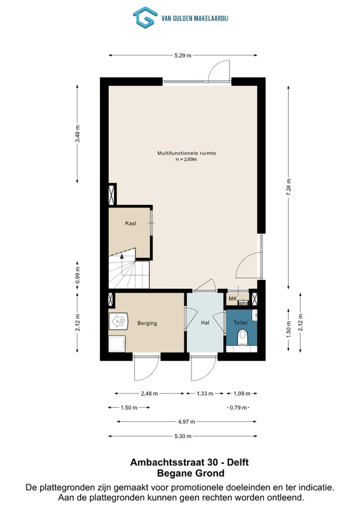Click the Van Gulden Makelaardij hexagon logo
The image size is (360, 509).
(x=145, y=18)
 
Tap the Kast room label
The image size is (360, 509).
(x=131, y=223)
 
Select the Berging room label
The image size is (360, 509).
(x=147, y=323)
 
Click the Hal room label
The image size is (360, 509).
(x=205, y=323)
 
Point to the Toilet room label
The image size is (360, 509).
(x=240, y=323)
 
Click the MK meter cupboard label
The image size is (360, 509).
(x=233, y=298)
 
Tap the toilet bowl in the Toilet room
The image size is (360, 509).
(x=242, y=338)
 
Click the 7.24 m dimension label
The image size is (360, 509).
(x=289, y=188)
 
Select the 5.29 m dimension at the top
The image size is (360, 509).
(x=183, y=55)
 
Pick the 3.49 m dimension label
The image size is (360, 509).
(x=77, y=134)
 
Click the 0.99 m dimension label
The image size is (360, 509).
(x=77, y=275)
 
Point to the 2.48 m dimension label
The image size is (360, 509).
(x=149, y=394)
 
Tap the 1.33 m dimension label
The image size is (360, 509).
(x=205, y=394)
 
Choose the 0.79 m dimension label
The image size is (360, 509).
(x=239, y=408)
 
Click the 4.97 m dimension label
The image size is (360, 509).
(x=186, y=422)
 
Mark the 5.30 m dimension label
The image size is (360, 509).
(x=183, y=436)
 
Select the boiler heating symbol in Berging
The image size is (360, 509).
(x=118, y=321)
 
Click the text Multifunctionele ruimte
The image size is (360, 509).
(x=186, y=153)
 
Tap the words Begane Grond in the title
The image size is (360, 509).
(x=191, y=473)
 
